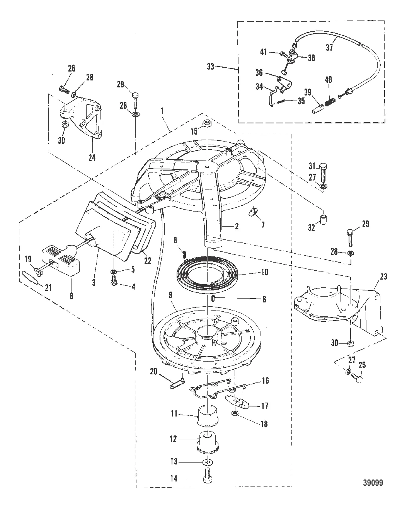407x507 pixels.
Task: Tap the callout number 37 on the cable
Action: (329, 47)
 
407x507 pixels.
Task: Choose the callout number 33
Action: (211, 67)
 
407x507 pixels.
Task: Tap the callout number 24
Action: (92, 158)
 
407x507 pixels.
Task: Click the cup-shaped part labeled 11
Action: (207, 416)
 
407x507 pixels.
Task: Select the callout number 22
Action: (148, 261)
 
